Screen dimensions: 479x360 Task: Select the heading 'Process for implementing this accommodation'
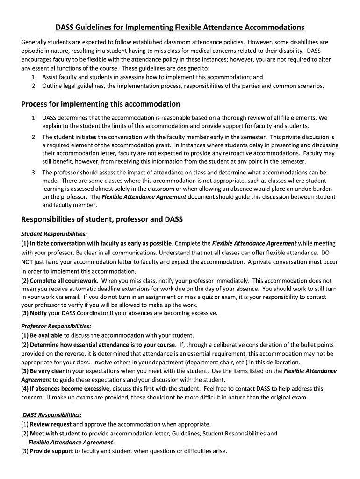point(101,104)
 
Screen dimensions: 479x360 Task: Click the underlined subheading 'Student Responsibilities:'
point(54,234)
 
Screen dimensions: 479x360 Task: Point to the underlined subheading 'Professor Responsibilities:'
point(56,326)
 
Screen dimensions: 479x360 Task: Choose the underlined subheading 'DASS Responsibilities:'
point(52,414)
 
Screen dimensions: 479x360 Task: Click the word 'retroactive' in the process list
point(252,153)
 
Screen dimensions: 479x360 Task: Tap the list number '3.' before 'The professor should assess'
point(35,172)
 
